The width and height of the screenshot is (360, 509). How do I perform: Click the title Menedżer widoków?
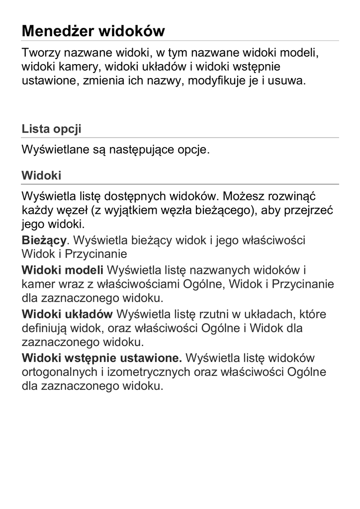[x=93, y=32]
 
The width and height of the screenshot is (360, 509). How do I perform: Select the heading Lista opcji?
[x=51, y=129]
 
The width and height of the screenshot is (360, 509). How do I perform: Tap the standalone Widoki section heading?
[x=41, y=175]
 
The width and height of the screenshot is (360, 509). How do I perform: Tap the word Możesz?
[x=241, y=196]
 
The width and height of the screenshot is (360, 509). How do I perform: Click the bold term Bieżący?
[x=44, y=240]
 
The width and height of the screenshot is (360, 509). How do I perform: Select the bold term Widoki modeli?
[x=63, y=270]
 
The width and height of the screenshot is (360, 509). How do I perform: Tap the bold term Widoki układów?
[x=67, y=315]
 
